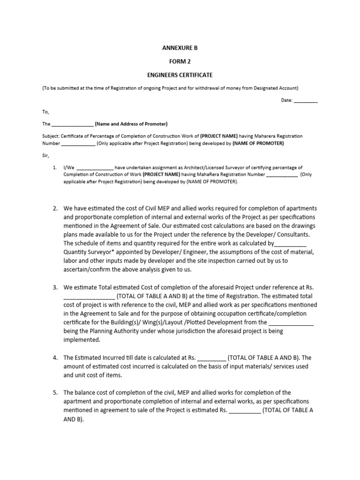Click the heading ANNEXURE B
point(177,48)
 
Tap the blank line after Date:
point(306,100)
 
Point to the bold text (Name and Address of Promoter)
point(131,124)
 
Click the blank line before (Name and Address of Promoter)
point(72,125)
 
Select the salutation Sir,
point(45,155)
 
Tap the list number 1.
point(55,167)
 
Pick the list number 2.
point(55,208)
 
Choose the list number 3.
point(55,287)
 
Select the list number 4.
point(55,358)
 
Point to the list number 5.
point(55,393)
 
